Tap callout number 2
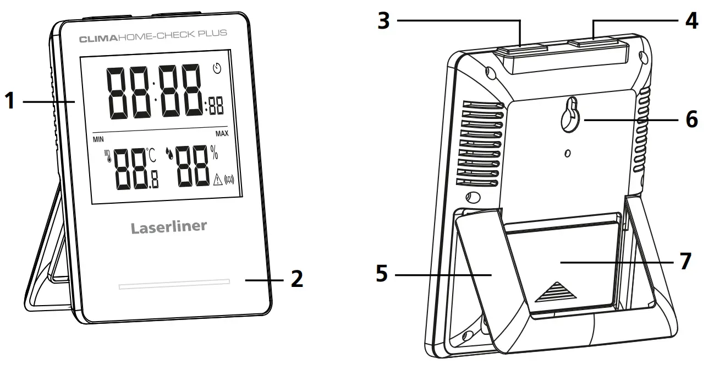pos(296,279)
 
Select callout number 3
pos(385,21)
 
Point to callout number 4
pos(691,21)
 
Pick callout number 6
pos(691,119)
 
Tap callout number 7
pos(684,261)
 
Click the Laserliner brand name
pos(169,227)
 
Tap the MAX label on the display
pos(222,134)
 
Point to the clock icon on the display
pos(217,69)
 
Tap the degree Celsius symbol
pos(152,155)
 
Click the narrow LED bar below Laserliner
pos(173,284)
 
